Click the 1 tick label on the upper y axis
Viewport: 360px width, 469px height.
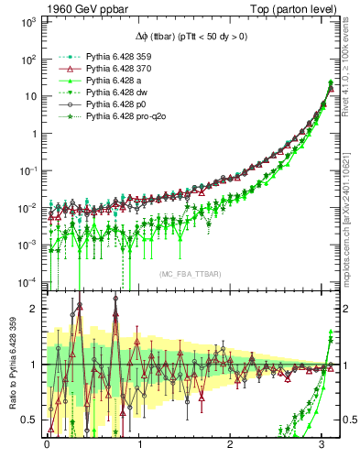(36, 133)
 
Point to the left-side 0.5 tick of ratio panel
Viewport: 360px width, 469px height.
(32, 420)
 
